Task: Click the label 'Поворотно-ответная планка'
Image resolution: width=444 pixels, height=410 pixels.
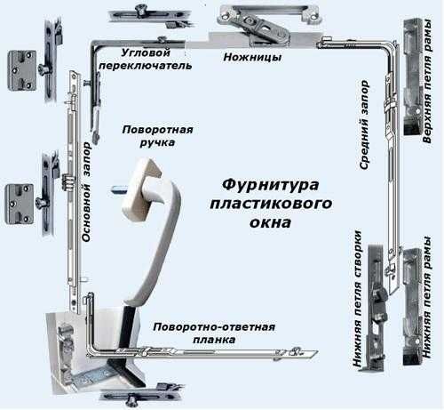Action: pos(214,334)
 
